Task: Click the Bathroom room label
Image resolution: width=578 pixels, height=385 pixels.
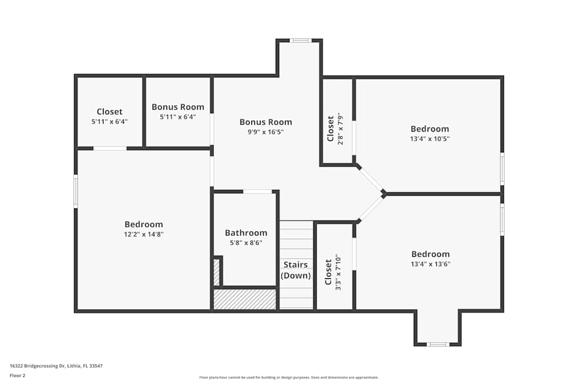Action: coord(246,233)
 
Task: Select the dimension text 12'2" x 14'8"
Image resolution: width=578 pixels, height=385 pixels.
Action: coord(143,234)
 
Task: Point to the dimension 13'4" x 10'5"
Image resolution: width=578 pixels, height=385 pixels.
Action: coord(429,139)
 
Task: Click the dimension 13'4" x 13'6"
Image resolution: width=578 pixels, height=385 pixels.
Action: coord(430,264)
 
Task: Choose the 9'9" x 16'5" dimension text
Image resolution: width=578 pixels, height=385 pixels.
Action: coord(265,132)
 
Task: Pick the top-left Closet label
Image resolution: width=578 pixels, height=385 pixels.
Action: coord(109,112)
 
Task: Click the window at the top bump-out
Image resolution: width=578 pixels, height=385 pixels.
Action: coord(300,40)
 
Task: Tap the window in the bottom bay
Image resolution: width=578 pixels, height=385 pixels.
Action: coord(438,345)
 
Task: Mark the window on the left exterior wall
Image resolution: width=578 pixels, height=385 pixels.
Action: coord(75,192)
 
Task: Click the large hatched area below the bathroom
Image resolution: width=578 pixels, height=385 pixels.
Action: coord(244,300)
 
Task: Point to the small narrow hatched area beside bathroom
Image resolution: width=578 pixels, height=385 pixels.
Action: coord(217,272)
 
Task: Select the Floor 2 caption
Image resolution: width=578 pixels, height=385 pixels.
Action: coord(17,376)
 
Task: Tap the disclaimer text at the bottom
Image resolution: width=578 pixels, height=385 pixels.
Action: coord(288,377)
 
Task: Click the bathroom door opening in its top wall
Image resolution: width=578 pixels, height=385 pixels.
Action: coord(257,192)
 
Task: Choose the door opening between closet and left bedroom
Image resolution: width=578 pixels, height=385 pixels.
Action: coord(110,148)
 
